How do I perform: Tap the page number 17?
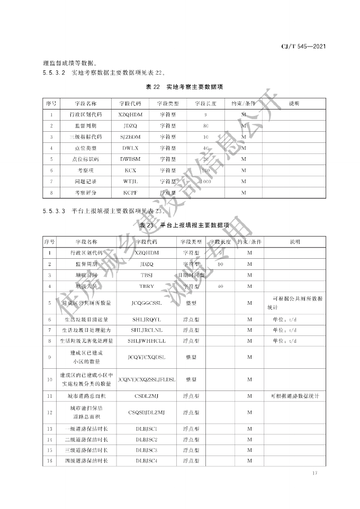tap(314, 472)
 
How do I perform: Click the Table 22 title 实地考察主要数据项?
tap(194, 86)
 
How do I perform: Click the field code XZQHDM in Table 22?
tap(130, 114)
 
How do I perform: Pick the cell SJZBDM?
tap(130, 137)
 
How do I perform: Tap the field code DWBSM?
tap(130, 159)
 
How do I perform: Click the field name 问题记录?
tap(85, 181)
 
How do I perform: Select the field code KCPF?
tap(130, 193)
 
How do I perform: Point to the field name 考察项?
tap(85, 170)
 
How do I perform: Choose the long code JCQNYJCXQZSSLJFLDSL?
tap(147, 379)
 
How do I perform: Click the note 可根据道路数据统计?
tap(294, 396)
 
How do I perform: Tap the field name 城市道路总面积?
tap(86, 396)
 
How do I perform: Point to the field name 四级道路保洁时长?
tap(86, 461)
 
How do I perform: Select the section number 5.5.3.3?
tap(53, 211)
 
